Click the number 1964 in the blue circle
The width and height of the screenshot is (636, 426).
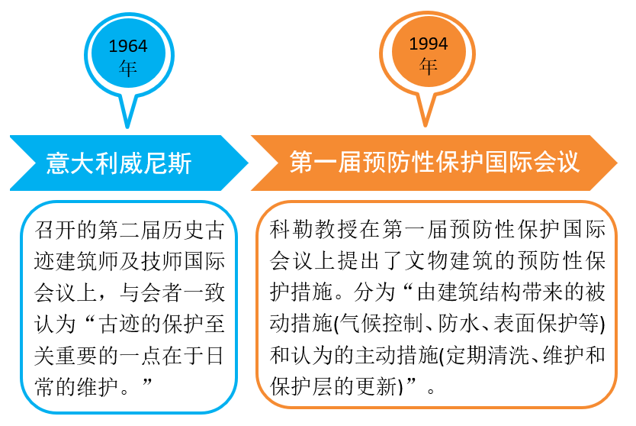coord(127,47)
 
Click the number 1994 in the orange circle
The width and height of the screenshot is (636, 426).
coord(428,44)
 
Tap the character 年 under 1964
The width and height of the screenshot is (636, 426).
coord(127,68)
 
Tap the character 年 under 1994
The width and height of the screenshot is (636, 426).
coord(428,66)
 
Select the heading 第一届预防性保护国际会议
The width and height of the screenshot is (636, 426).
coord(434,162)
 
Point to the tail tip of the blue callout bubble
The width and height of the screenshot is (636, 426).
coord(127,127)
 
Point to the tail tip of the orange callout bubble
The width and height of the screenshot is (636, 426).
coord(428,125)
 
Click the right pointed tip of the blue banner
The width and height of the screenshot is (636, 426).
coord(247,163)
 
